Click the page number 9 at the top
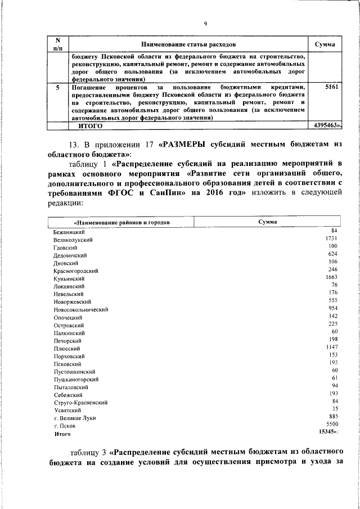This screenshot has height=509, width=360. pos(205,23)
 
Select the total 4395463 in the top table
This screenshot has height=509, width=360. pos(326,127)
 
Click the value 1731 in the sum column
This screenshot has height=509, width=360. pos(331,238)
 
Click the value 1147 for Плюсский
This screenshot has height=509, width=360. pos(331,348)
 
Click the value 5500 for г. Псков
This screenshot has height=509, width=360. pos(331,423)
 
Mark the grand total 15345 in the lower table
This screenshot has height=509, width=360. pos(328,431)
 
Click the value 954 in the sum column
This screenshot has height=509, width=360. pos(332,309)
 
